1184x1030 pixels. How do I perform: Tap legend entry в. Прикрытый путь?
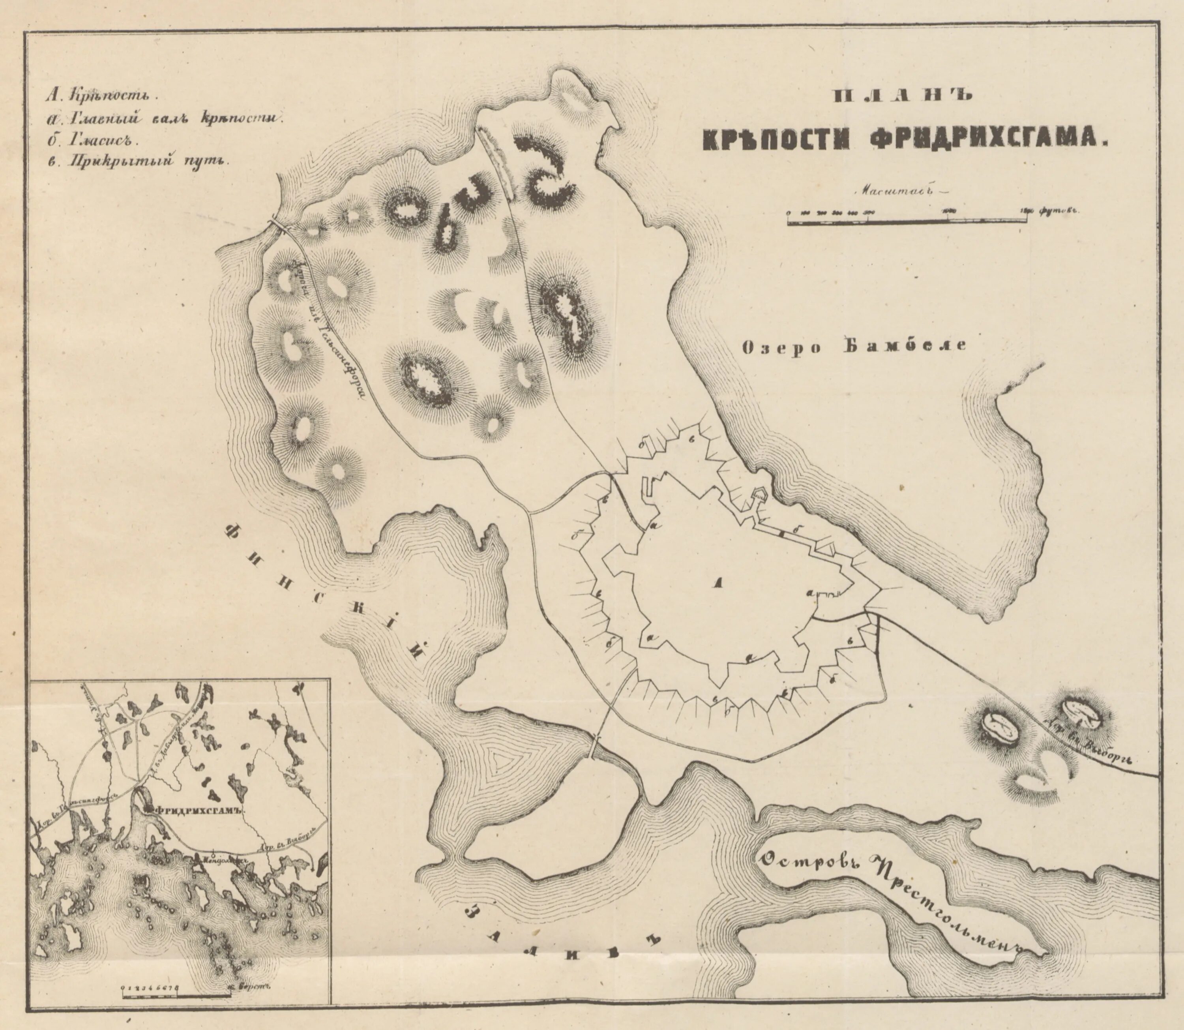pyautogui.click(x=135, y=161)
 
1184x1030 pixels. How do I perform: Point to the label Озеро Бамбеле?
pyautogui.click(x=854, y=346)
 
